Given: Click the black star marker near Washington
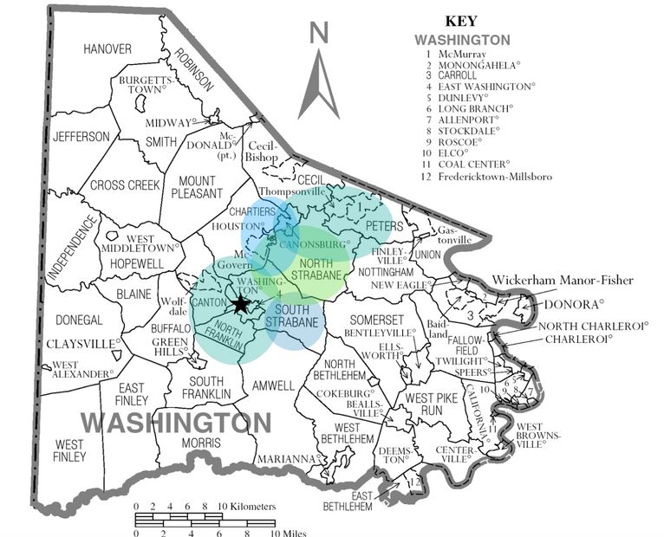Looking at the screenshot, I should (241, 304).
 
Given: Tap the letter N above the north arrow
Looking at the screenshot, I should (319, 33).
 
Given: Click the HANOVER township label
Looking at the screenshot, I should (107, 49).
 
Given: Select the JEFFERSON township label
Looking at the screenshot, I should (81, 137).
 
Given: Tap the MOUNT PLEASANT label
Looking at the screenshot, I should (197, 187).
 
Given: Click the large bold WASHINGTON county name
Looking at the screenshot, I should (176, 423).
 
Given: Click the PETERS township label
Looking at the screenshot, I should (384, 226).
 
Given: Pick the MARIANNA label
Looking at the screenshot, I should (288, 459).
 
